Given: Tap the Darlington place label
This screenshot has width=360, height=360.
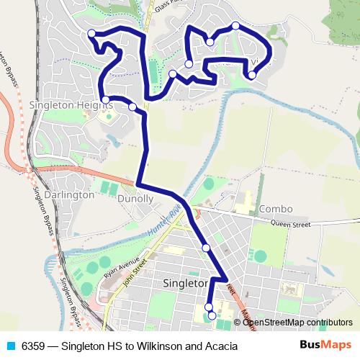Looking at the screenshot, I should point(68,194).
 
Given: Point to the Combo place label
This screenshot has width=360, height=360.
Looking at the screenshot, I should point(276,209).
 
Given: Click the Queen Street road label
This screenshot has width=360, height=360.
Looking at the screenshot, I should point(292,225).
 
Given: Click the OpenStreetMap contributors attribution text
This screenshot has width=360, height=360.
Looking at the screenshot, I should point(297,323).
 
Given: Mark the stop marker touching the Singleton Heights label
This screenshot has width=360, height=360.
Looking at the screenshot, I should point(106,100).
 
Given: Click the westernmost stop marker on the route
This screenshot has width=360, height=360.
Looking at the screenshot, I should point(91,34).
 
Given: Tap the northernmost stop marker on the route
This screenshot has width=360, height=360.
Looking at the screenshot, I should point(235,26).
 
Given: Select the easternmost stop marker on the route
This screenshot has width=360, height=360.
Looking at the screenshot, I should point(252,75).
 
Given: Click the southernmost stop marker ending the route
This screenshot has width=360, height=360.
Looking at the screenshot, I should point(212,315).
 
